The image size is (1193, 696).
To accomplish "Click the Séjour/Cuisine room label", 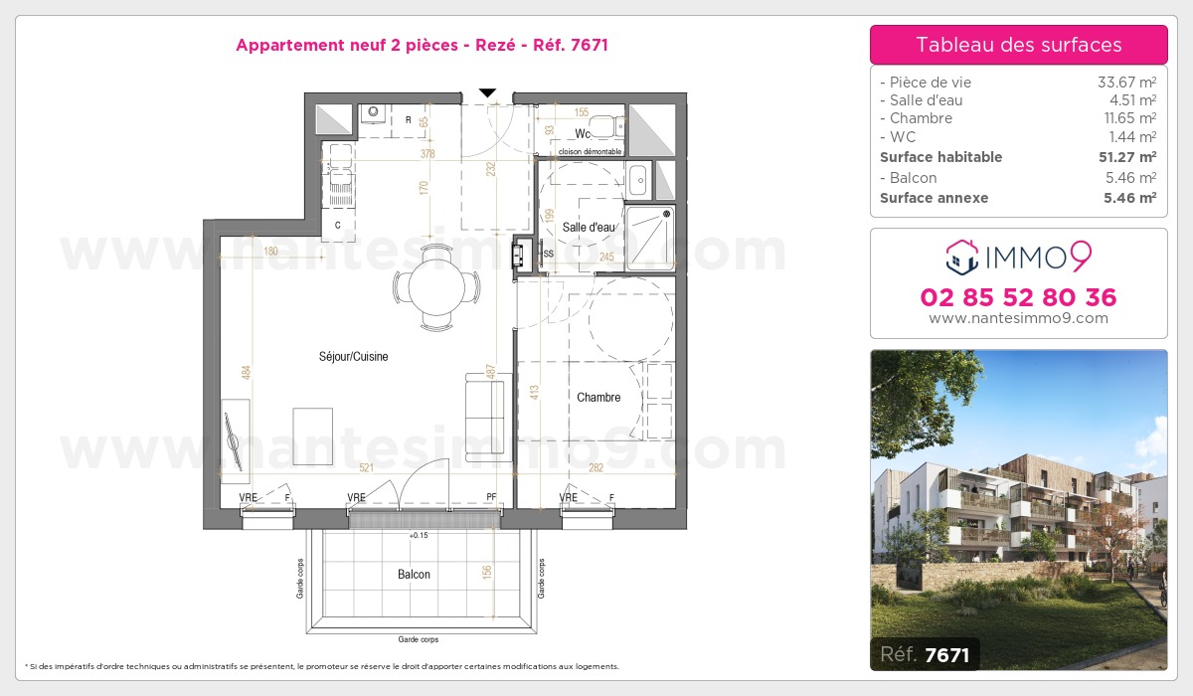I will (x=353, y=356).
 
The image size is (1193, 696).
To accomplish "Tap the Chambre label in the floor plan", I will (x=598, y=397).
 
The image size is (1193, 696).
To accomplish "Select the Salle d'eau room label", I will (x=589, y=227).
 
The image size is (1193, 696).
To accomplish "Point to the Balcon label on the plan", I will (x=414, y=575).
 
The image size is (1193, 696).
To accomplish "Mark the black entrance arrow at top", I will (x=487, y=92).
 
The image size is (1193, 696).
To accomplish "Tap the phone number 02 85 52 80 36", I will (x=1018, y=297).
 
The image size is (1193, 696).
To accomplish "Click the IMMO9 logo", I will (x=1018, y=258).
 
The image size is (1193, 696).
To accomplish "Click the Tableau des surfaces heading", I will (x=1018, y=45).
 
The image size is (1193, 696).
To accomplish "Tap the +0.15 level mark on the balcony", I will (x=419, y=536).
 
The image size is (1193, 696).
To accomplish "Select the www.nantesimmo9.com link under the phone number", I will (x=1018, y=318).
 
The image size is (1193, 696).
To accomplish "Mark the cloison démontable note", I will (x=590, y=151).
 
